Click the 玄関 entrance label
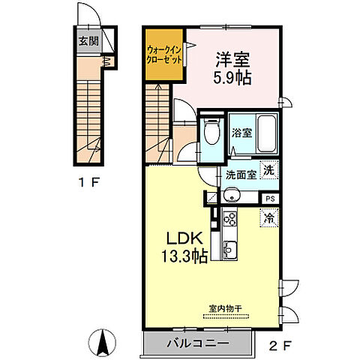[88, 41]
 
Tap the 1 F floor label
[88, 182]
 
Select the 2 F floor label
[279, 346]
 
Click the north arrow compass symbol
[103, 343]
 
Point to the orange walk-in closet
[164, 55]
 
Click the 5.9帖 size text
[232, 77]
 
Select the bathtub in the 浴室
[267, 133]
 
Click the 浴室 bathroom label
[241, 133]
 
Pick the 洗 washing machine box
[269, 170]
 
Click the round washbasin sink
[232, 195]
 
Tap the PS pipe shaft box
[270, 199]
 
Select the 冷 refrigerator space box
[269, 217]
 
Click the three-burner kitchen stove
[229, 218]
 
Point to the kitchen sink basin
[230, 250]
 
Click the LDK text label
[184, 239]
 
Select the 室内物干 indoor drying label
[226, 308]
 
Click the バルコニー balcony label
[197, 343]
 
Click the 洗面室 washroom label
[241, 175]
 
